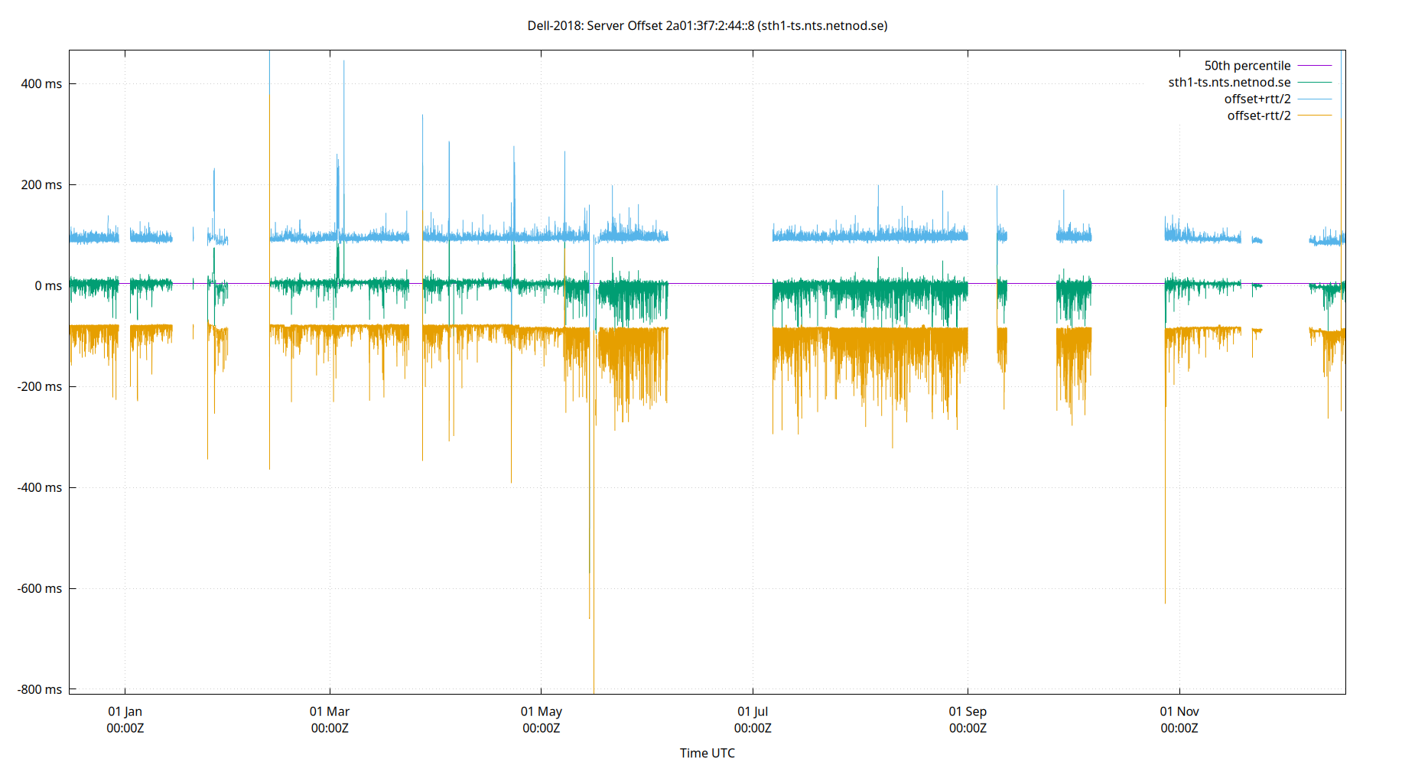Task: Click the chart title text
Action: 707,25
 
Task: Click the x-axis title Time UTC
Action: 707,753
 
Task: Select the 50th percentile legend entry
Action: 1247,66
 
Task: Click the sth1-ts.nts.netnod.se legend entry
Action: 1229,83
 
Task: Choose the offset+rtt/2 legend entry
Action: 1257,99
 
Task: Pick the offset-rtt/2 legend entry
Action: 1258,116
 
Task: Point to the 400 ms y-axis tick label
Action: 41,83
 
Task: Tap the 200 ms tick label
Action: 41,184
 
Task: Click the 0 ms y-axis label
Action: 47,285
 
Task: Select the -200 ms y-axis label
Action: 40,386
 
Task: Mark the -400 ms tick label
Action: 40,487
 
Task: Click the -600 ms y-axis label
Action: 40,588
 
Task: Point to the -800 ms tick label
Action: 40,689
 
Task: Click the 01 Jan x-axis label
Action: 125,711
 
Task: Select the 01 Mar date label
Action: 330,711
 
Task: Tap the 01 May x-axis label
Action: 541,711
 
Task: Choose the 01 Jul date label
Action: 753,711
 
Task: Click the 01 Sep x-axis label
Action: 968,711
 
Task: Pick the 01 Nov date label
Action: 1179,711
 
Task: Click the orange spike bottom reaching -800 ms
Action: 594,690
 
